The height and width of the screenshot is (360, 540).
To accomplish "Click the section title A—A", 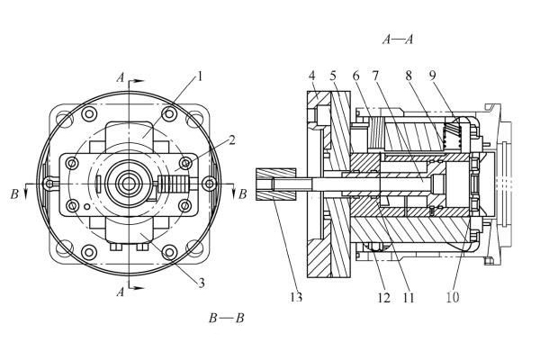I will pos(398,39).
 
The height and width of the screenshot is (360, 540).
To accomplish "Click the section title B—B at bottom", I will pos(226,318).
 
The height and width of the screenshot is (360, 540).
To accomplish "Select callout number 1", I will pos(200,76).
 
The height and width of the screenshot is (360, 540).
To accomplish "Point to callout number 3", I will pos(202,283).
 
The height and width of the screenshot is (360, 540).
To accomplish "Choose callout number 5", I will pos(333,76).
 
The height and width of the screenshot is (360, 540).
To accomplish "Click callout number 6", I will pos(357,76).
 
